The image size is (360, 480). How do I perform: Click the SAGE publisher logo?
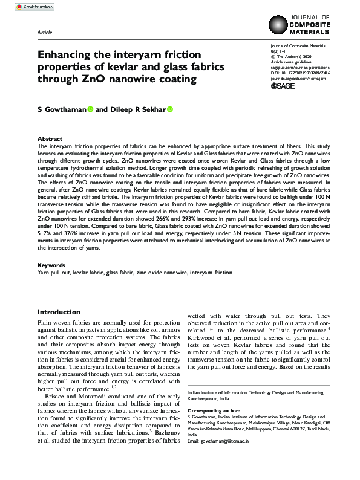click(x=283, y=86)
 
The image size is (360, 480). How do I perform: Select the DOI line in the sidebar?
click(x=300, y=73)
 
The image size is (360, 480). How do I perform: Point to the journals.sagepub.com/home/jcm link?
click(x=298, y=78)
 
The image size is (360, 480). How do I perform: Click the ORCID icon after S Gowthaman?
click(x=90, y=109)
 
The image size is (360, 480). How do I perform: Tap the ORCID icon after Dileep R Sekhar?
click(x=170, y=109)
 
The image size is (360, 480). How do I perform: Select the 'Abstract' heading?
click(x=50, y=138)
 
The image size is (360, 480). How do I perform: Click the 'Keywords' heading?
click(x=51, y=265)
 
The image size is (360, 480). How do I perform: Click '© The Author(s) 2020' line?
click(x=295, y=56)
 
